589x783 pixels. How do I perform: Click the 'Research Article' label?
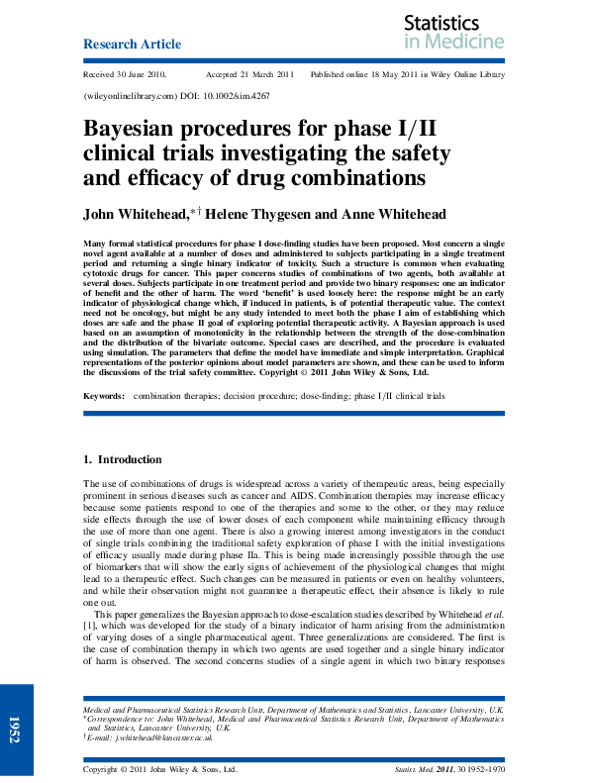(x=132, y=45)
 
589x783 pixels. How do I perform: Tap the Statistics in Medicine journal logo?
(x=454, y=32)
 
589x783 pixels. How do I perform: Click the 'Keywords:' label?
(x=103, y=395)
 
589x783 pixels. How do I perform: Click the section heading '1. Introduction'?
(x=122, y=460)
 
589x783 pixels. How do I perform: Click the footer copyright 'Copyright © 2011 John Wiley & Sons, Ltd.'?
(x=159, y=768)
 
